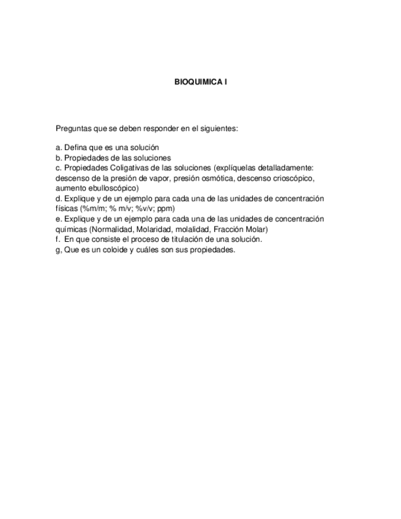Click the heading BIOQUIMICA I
point(201,81)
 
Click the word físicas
point(66,208)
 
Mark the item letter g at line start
point(58,250)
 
